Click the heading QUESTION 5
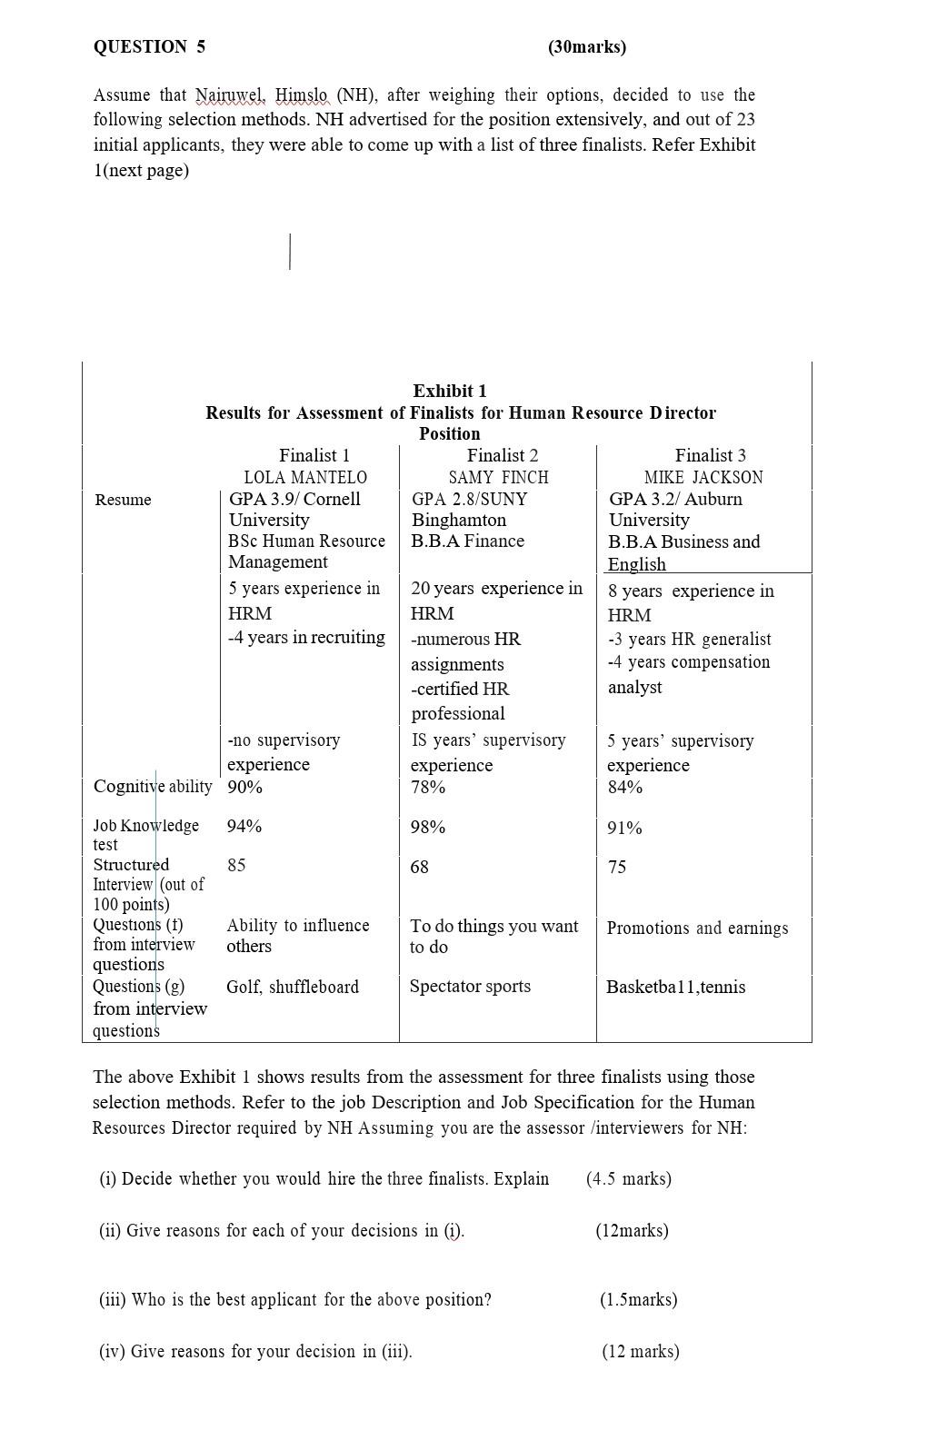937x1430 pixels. pyautogui.click(x=149, y=47)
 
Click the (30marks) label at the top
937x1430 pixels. pyautogui.click(x=586, y=47)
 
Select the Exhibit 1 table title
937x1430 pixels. pyautogui.click(x=450, y=391)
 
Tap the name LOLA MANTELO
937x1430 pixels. pyautogui.click(x=305, y=477)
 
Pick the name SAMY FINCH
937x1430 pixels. pyautogui.click(x=498, y=477)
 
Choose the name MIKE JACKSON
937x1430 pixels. pyautogui.click(x=703, y=477)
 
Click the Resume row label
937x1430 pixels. pyautogui.click(x=123, y=500)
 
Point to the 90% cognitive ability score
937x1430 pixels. pyautogui.click(x=244, y=787)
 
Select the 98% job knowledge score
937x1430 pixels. pyautogui.click(x=427, y=827)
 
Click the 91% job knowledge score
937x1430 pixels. pyautogui.click(x=625, y=828)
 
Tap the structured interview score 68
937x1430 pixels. pyautogui.click(x=419, y=867)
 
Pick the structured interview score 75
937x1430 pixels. pyautogui.click(x=617, y=867)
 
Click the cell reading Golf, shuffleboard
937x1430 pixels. pyautogui.click(x=293, y=987)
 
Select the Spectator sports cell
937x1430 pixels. pyautogui.click(x=470, y=986)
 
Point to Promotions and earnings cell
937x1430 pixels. pyautogui.click(x=697, y=928)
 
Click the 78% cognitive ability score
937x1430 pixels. pyautogui.click(x=427, y=787)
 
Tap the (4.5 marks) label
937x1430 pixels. pyautogui.click(x=629, y=1178)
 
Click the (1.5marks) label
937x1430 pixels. pyautogui.click(x=638, y=1299)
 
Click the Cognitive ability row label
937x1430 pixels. pyautogui.click(x=153, y=786)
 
